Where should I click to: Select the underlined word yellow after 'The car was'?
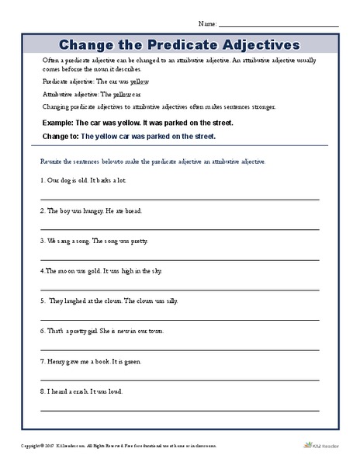click(x=140, y=82)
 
